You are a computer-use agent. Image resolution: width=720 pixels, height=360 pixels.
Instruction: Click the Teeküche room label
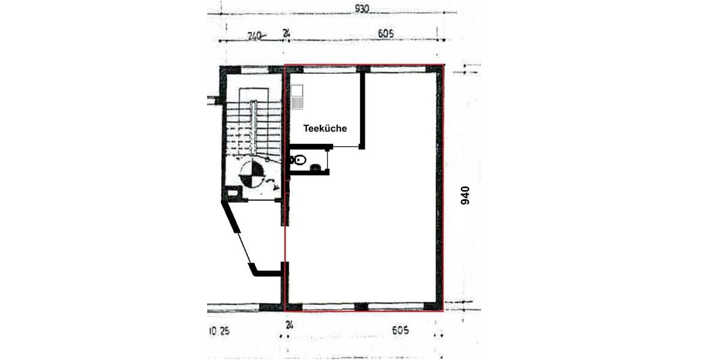[325, 128]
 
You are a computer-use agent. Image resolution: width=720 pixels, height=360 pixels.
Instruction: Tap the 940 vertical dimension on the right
[465, 195]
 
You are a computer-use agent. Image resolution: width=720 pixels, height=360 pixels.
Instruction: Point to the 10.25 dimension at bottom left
[220, 331]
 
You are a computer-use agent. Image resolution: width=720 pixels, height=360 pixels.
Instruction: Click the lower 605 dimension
[400, 330]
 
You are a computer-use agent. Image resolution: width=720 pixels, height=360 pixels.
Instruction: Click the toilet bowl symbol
[298, 160]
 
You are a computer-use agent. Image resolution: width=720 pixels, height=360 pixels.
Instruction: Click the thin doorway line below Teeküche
[346, 147]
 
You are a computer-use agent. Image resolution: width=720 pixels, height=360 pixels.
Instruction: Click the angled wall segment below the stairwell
[232, 219]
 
